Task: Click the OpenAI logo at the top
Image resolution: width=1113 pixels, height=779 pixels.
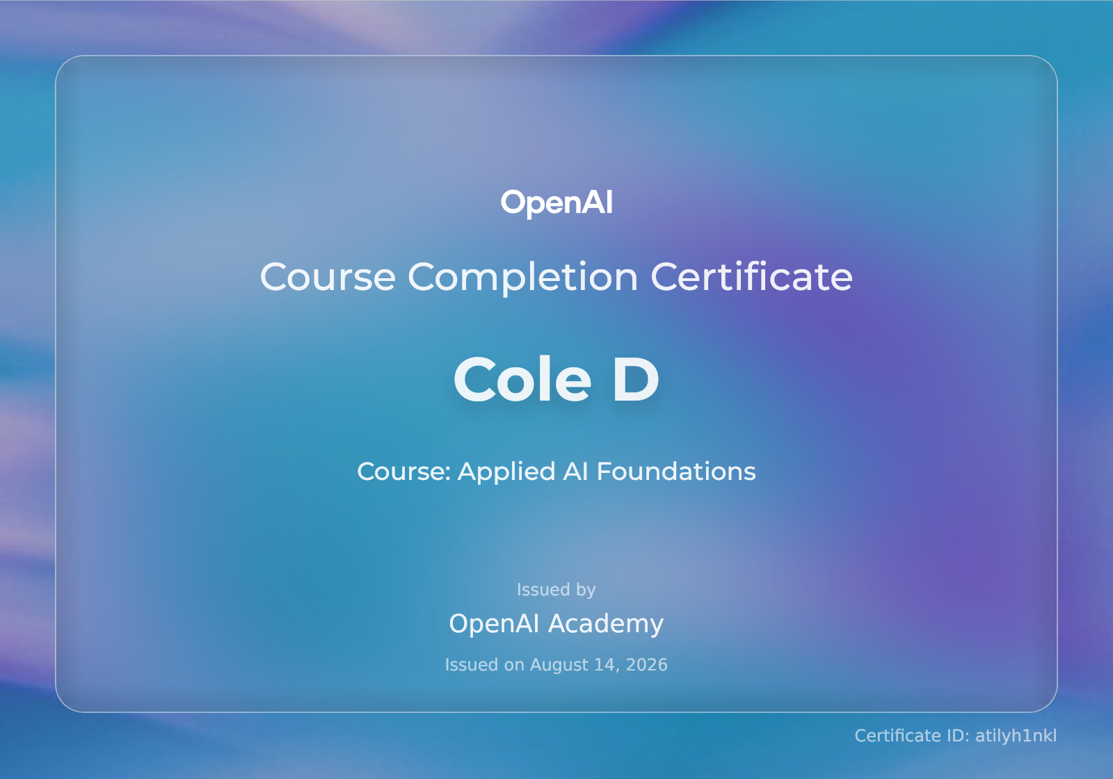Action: click(556, 203)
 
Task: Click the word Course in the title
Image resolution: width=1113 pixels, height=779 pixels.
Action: click(328, 277)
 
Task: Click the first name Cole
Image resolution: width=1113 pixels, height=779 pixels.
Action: click(522, 379)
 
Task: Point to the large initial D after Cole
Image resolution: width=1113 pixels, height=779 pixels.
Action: click(636, 379)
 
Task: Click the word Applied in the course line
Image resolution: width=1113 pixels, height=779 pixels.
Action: click(506, 472)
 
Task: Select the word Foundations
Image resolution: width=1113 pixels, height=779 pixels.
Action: click(675, 472)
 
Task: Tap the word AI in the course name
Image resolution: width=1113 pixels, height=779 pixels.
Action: click(575, 472)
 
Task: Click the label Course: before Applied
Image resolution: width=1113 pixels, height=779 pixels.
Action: click(404, 472)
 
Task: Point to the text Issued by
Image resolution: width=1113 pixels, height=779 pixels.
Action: click(556, 590)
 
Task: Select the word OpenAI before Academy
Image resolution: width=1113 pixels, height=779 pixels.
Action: click(494, 623)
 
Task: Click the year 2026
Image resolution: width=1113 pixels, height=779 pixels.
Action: click(646, 665)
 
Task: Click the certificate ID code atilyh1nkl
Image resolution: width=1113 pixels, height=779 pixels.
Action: click(1016, 736)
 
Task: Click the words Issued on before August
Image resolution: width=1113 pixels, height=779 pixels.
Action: click(484, 665)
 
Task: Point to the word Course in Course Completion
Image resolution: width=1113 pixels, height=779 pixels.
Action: click(328, 277)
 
